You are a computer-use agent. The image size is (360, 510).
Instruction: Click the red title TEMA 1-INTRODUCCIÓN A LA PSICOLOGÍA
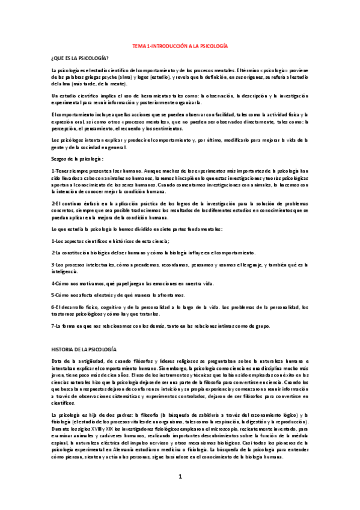click(x=180, y=46)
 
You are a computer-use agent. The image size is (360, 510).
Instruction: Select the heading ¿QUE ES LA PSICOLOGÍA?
click(x=80, y=57)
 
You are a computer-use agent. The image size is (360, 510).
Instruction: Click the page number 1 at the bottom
click(x=180, y=493)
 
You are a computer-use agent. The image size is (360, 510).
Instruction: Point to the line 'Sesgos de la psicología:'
click(x=78, y=159)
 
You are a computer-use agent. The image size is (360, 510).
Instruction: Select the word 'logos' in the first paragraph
click(x=157, y=78)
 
